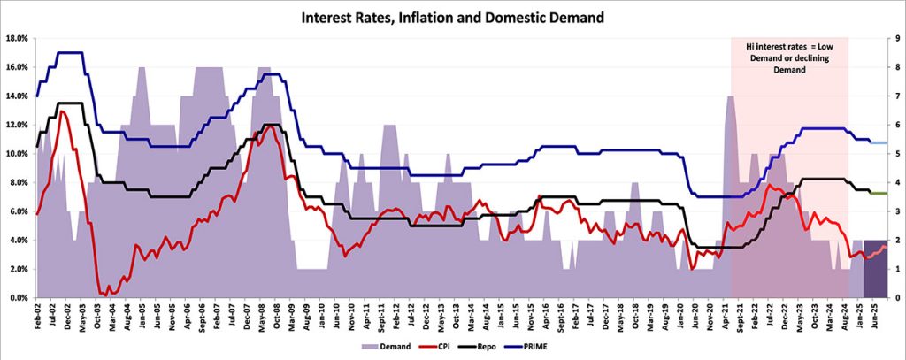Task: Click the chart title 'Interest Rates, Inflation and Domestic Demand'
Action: click(453, 17)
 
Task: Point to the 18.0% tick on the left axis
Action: click(17, 39)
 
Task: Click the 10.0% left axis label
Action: click(17, 154)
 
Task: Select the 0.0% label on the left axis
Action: click(19, 298)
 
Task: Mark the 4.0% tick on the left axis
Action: click(19, 241)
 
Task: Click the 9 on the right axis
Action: click(896, 39)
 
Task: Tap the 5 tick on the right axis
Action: click(896, 154)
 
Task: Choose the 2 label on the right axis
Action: click(896, 241)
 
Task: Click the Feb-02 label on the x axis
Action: click(37, 315)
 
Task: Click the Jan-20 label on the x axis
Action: click(680, 315)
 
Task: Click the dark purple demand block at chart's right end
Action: click(875, 269)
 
